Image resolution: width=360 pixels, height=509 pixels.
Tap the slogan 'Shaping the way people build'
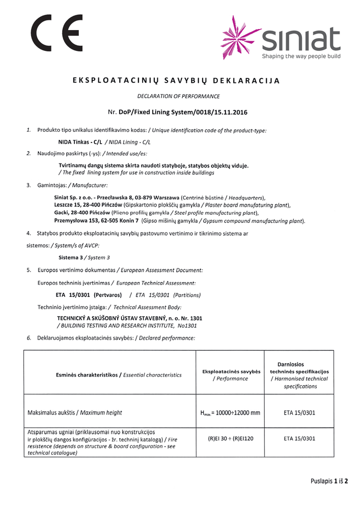point(301,56)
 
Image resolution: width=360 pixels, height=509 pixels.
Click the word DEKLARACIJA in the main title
point(245,80)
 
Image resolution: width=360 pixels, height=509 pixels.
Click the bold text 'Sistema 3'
point(70,257)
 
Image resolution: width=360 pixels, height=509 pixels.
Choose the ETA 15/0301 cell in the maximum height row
point(299,412)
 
